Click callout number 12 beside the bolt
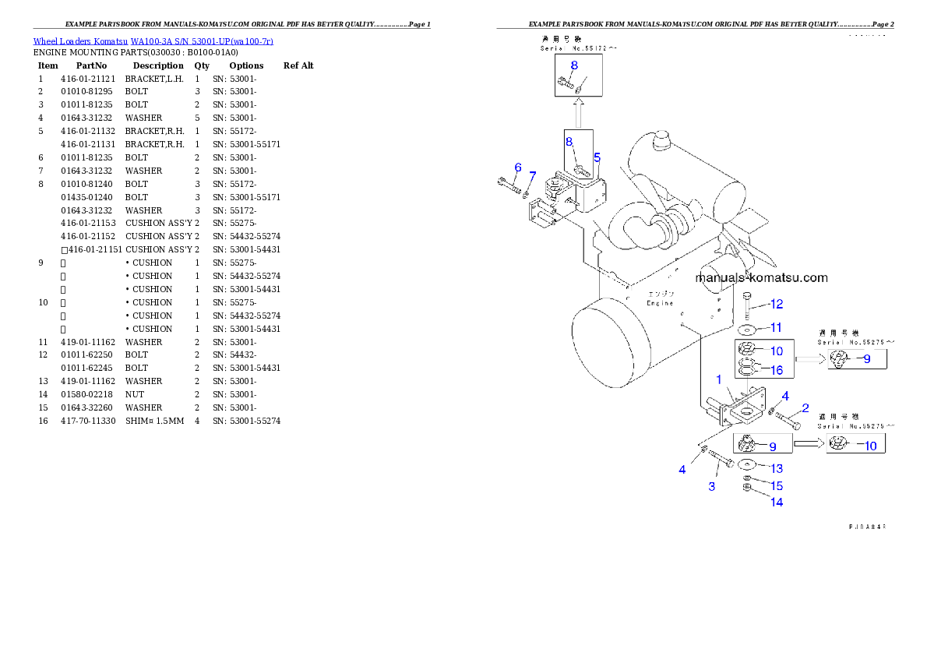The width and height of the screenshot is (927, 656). pos(777,304)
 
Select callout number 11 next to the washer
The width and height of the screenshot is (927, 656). pos(776,328)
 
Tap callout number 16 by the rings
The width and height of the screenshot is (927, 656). pos(776,370)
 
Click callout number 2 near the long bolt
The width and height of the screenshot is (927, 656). pos(805,408)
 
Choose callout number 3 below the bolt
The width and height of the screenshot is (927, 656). pos(711,487)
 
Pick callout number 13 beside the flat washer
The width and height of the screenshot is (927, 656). pos(777,468)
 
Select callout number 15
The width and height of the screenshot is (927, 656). pos(777,486)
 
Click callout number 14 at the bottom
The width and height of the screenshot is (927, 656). pos(777,503)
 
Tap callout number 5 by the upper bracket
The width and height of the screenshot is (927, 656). pos(597,157)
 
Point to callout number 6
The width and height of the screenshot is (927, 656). pos(517,168)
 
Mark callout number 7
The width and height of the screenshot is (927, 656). pos(533,175)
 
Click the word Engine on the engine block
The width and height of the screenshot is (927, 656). pos(660,303)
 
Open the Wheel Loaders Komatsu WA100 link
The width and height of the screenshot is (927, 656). pos(153,41)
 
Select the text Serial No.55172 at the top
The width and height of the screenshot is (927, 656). pos(578,48)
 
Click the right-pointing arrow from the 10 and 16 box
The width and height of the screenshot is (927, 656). pos(809,359)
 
